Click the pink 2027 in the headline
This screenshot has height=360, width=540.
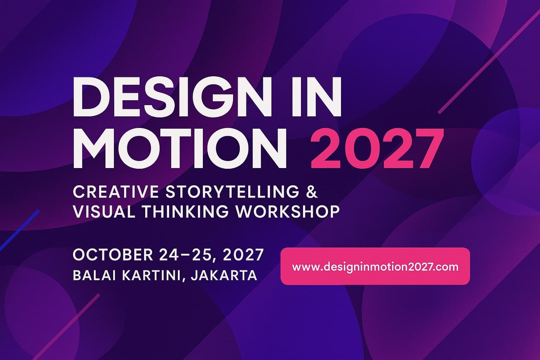[377, 148]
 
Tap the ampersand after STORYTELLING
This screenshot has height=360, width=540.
[312, 192]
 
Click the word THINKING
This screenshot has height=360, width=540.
[185, 212]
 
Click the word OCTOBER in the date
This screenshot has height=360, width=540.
[113, 255]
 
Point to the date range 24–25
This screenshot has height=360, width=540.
[186, 255]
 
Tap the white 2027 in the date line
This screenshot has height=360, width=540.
[243, 255]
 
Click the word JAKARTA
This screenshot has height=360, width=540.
[224, 275]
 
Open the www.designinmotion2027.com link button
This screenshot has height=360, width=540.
[375, 266]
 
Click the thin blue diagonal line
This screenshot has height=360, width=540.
[19, 230]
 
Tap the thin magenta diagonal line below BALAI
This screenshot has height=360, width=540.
[66, 327]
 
